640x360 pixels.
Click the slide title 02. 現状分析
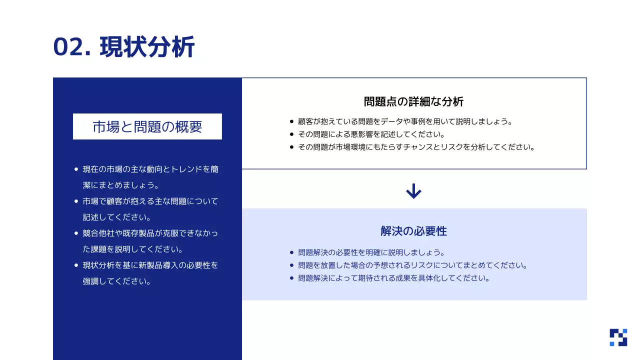click(x=123, y=47)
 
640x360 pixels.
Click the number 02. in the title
click(x=72, y=47)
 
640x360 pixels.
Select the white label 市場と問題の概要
click(x=147, y=126)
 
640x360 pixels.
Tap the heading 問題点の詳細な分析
click(x=413, y=101)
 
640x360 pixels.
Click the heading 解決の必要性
click(x=413, y=231)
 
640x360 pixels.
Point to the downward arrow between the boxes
click(x=413, y=191)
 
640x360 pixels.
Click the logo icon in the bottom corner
click(x=618, y=337)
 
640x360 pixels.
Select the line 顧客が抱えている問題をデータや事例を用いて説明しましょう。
click(x=405, y=121)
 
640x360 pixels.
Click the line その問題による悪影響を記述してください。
click(x=371, y=134)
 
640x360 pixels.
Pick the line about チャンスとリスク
click(x=416, y=147)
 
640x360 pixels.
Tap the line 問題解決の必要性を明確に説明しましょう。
click(x=371, y=252)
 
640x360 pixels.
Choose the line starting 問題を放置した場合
click(x=413, y=265)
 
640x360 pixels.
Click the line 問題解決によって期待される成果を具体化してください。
click(x=393, y=278)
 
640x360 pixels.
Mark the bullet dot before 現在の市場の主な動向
click(x=76, y=169)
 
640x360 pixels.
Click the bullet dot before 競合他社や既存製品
click(x=76, y=233)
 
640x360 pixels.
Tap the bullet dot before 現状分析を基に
click(x=76, y=265)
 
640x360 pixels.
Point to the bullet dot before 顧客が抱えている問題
click(x=291, y=121)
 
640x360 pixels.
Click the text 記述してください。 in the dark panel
click(x=117, y=217)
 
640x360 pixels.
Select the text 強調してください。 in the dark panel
click(x=117, y=281)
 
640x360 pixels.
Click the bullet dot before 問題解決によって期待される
click(x=291, y=278)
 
